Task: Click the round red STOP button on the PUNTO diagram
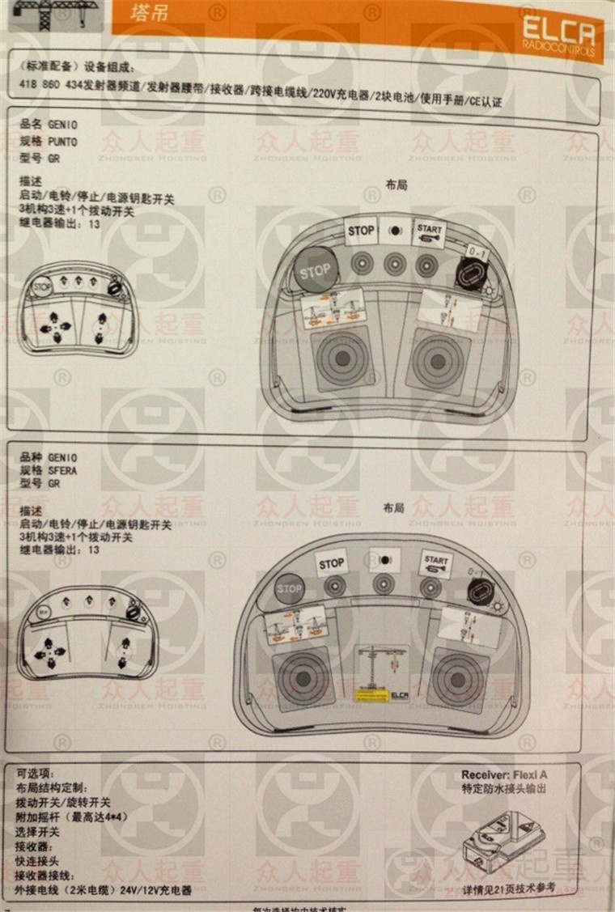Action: click(315, 269)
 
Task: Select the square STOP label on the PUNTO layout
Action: click(361, 231)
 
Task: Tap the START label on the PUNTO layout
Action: click(430, 231)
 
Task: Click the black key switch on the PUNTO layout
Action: click(468, 272)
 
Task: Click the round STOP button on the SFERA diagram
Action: click(289, 589)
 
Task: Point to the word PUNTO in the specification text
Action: click(63, 142)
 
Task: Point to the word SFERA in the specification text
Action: click(63, 470)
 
